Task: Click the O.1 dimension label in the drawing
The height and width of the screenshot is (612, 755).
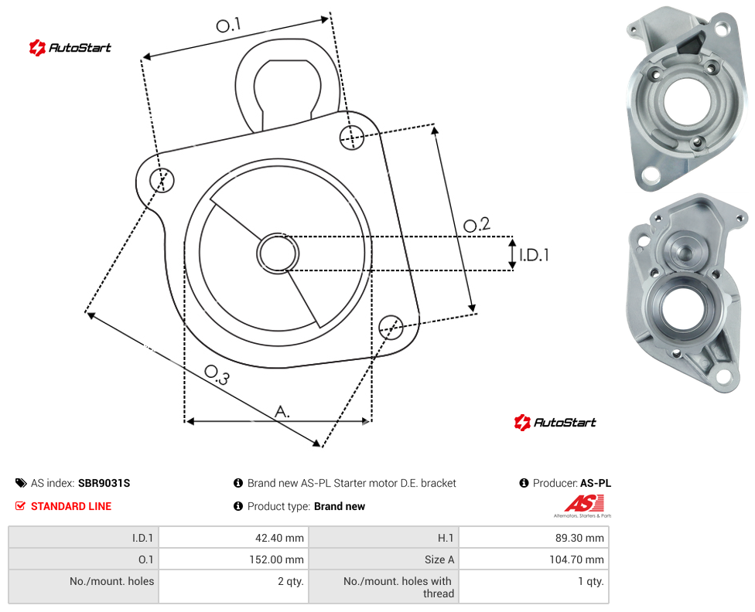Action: point(228,25)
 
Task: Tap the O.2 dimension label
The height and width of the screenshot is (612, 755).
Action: point(477,224)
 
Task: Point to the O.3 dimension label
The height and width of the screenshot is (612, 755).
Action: point(217,375)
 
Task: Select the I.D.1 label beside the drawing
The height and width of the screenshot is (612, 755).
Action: point(534,254)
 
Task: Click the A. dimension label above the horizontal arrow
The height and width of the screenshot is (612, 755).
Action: point(282,412)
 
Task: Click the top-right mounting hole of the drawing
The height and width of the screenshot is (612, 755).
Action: point(352,137)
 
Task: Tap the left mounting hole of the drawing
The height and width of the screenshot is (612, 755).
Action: point(162,180)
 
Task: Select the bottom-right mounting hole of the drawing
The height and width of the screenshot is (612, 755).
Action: point(391,327)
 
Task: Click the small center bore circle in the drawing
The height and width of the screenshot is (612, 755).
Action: point(278,253)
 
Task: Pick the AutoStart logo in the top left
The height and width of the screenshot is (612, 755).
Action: point(70,48)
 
